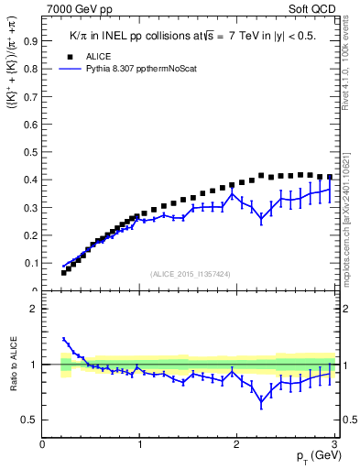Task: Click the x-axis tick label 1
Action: click(139, 445)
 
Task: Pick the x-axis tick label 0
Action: click(43, 445)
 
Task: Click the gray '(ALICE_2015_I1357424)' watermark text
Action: click(190, 273)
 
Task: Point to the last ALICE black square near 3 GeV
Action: click(329, 178)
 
